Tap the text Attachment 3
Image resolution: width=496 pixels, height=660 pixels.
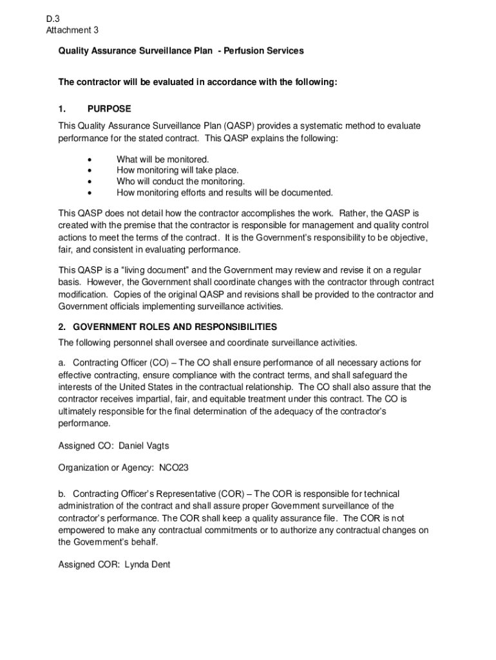72,30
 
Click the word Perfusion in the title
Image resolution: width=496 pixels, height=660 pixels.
243,50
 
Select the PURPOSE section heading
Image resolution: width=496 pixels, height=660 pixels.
109,109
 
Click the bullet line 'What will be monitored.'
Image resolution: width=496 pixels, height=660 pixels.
162,159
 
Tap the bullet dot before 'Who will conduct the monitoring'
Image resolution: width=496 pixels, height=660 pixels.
89,182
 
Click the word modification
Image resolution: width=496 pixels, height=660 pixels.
85,294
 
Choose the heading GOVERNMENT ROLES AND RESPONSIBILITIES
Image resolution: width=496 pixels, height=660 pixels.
174,326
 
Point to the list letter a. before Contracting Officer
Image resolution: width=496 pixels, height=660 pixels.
62,363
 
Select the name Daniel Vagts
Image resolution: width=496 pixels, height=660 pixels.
144,446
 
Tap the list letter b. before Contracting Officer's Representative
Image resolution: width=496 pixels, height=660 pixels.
62,494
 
